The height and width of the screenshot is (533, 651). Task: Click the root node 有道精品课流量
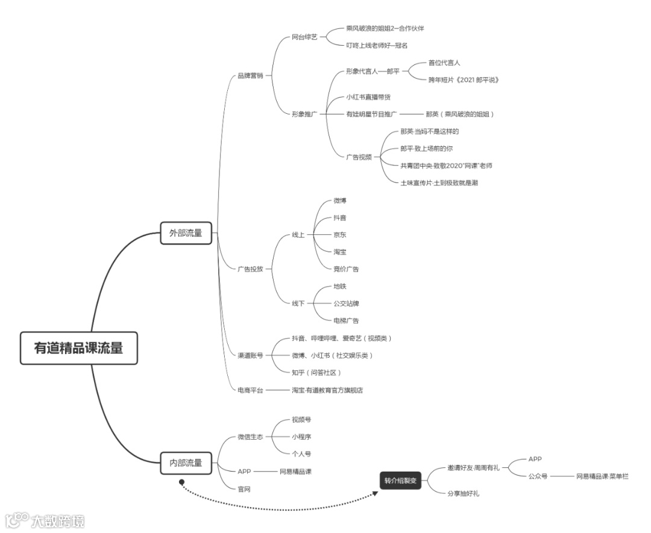pos(78,348)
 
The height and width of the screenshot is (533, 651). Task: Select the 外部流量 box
pos(186,233)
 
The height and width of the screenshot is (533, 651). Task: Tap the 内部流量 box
pos(186,463)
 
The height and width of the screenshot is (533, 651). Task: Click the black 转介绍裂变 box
pos(400,481)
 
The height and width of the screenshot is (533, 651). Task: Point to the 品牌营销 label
pos(250,76)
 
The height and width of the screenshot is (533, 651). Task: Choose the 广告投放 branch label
pos(250,269)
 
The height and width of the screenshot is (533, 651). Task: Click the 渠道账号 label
pos(250,355)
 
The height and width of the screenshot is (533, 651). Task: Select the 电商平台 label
pos(250,390)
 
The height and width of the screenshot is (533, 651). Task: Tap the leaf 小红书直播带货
pos(372,97)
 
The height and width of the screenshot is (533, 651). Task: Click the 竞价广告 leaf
pos(346,269)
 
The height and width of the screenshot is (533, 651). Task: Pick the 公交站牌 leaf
pos(346,303)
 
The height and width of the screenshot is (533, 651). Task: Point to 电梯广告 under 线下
pos(346,320)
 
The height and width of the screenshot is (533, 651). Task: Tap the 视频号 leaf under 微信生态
pos(301,419)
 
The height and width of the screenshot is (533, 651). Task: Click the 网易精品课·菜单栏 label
pos(602,476)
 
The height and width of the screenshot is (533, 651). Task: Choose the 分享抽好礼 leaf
pos(463,493)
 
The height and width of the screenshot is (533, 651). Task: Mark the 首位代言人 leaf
pos(444,62)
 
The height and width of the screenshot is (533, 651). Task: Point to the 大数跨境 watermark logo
pos(45,520)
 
